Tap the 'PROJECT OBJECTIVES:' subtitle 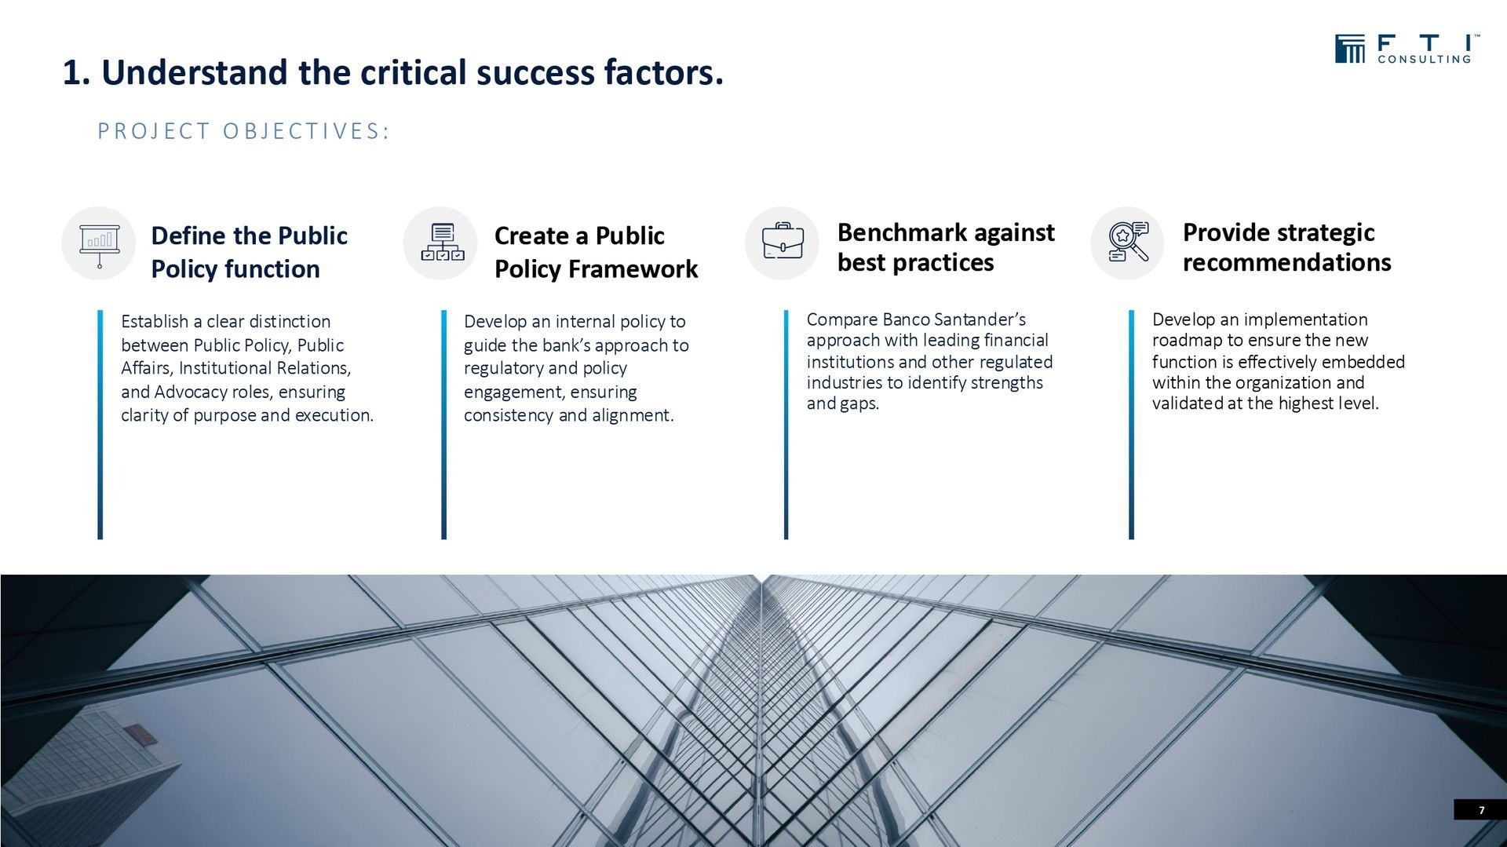pos(243,131)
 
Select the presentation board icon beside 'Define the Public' pos(100,244)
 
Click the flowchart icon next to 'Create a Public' pos(443,243)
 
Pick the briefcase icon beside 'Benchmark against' pos(783,241)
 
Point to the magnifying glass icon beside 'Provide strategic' pos(1128,242)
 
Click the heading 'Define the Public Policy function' pos(249,252)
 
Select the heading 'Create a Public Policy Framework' pos(596,252)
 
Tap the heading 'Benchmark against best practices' pos(946,247)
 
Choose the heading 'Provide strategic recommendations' pos(1286,247)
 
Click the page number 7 pos(1482,810)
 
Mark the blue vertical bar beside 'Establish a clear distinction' pos(100,425)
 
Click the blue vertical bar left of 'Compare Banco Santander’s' pos(786,425)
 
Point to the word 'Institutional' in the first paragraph pos(226,368)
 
